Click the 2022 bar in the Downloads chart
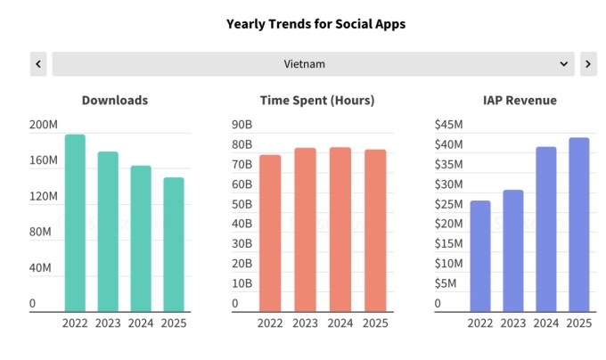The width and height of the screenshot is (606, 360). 75,223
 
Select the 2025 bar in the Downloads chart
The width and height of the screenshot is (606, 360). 173,244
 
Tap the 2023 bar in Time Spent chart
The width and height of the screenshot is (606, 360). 306,229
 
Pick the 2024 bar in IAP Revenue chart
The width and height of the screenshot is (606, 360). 545,229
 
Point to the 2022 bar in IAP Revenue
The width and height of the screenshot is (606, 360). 480,256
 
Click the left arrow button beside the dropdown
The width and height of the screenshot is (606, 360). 38,64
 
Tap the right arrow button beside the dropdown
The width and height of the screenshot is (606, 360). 588,64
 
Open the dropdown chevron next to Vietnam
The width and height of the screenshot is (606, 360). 563,64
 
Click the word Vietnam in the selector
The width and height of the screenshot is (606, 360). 304,64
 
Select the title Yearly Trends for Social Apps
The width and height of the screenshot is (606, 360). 303,24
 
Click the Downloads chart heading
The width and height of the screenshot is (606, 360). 115,101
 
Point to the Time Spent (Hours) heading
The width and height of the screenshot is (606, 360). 317,101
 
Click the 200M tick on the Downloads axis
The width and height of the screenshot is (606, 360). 44,125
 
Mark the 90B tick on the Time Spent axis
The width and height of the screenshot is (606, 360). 242,125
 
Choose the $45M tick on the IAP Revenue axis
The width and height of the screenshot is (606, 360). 448,125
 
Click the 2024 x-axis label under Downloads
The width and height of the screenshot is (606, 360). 141,323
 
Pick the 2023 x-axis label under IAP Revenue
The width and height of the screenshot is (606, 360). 512,323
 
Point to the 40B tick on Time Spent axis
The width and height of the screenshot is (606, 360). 242,224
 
